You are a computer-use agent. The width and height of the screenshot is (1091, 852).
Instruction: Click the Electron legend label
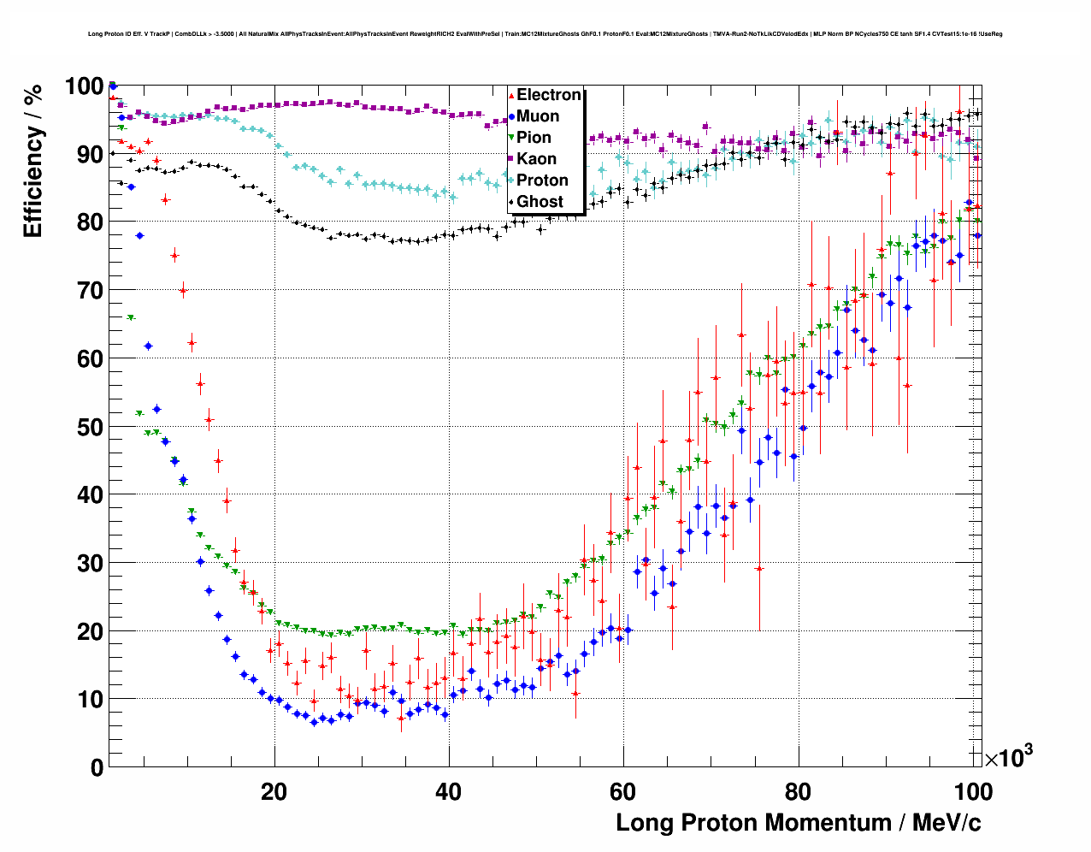click(x=549, y=95)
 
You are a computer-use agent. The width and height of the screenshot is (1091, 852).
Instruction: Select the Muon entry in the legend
click(x=538, y=116)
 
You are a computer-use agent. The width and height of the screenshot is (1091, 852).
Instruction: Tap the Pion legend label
click(x=534, y=138)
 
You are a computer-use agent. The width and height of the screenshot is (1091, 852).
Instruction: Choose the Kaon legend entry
click(x=536, y=159)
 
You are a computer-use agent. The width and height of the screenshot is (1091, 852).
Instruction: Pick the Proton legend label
click(x=542, y=180)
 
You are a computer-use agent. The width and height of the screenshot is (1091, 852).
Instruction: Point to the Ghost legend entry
click(x=540, y=202)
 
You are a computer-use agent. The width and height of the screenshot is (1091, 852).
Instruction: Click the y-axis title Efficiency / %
click(x=32, y=162)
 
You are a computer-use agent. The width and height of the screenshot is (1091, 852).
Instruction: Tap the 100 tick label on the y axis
click(x=84, y=86)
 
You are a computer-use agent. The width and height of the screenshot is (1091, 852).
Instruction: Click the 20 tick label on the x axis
click(x=274, y=792)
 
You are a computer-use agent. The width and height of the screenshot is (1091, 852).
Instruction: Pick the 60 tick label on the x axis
click(x=623, y=792)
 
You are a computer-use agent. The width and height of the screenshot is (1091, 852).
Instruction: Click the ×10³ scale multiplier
click(x=1008, y=757)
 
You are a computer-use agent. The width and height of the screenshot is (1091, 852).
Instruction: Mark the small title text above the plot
click(x=545, y=34)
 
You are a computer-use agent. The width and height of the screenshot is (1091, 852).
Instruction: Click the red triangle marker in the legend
click(x=511, y=95)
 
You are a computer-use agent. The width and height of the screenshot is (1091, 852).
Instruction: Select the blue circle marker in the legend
click(x=511, y=116)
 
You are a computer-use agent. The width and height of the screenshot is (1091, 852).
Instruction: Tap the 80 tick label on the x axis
click(x=798, y=792)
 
